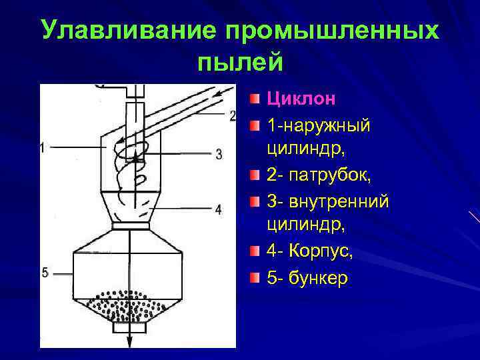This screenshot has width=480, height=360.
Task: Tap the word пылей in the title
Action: coord(240,63)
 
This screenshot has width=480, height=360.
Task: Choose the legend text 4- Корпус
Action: coord(310,252)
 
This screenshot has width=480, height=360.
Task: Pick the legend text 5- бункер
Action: coord(307,277)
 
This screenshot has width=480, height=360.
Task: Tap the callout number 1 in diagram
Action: coord(43,147)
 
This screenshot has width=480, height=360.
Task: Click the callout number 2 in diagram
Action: coord(232,115)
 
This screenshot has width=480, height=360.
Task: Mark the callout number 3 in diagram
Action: coord(219,155)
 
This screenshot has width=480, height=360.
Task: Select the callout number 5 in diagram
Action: coord(45,273)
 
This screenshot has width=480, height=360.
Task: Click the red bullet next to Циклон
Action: coord(257,99)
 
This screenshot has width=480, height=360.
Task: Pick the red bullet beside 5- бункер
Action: coord(257,277)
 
